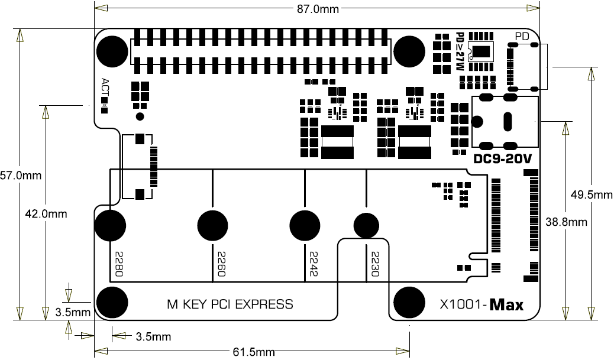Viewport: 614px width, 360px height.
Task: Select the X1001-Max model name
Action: coord(482,305)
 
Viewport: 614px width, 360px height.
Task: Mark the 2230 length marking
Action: coord(374,264)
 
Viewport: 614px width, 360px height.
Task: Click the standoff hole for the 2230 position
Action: coord(366,225)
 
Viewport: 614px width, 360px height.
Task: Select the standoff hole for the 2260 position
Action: coord(212,225)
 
